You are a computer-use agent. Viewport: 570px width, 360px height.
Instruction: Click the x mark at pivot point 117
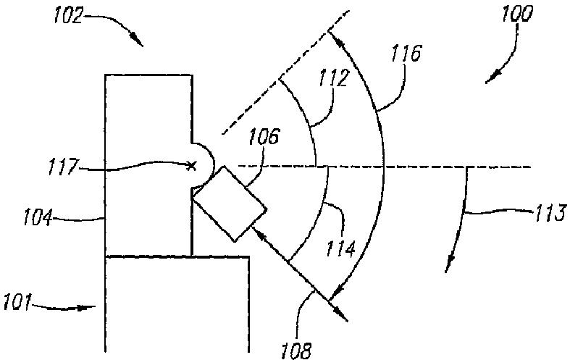click(191, 166)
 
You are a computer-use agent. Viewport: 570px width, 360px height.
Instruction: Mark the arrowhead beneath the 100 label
click(490, 78)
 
